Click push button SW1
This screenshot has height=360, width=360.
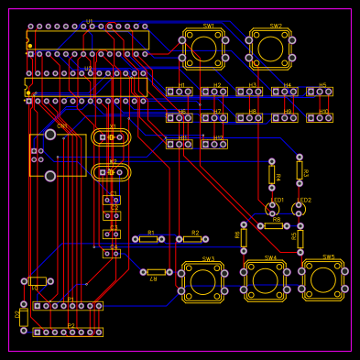tap(203, 49)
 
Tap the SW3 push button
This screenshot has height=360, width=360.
tap(203, 282)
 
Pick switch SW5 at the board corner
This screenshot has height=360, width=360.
tap(323, 279)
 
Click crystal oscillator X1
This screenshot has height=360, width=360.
tap(111, 137)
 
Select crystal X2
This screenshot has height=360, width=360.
tap(111, 171)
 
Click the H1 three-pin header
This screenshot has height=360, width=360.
tap(180, 92)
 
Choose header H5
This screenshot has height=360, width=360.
tap(320, 92)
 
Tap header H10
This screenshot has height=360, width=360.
tap(320, 117)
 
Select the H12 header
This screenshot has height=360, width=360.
tap(214, 144)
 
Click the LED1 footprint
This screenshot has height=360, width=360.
tap(272, 210)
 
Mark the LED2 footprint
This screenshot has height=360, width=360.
tap(300, 210)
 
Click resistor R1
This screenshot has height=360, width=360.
tap(148, 239)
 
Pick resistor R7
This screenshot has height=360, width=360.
tap(157, 272)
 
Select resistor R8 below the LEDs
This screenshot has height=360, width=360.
tap(273, 226)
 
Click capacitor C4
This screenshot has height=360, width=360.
tap(111, 253)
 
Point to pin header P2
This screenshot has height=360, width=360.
tap(68, 333)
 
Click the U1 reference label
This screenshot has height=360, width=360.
tap(89, 20)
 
